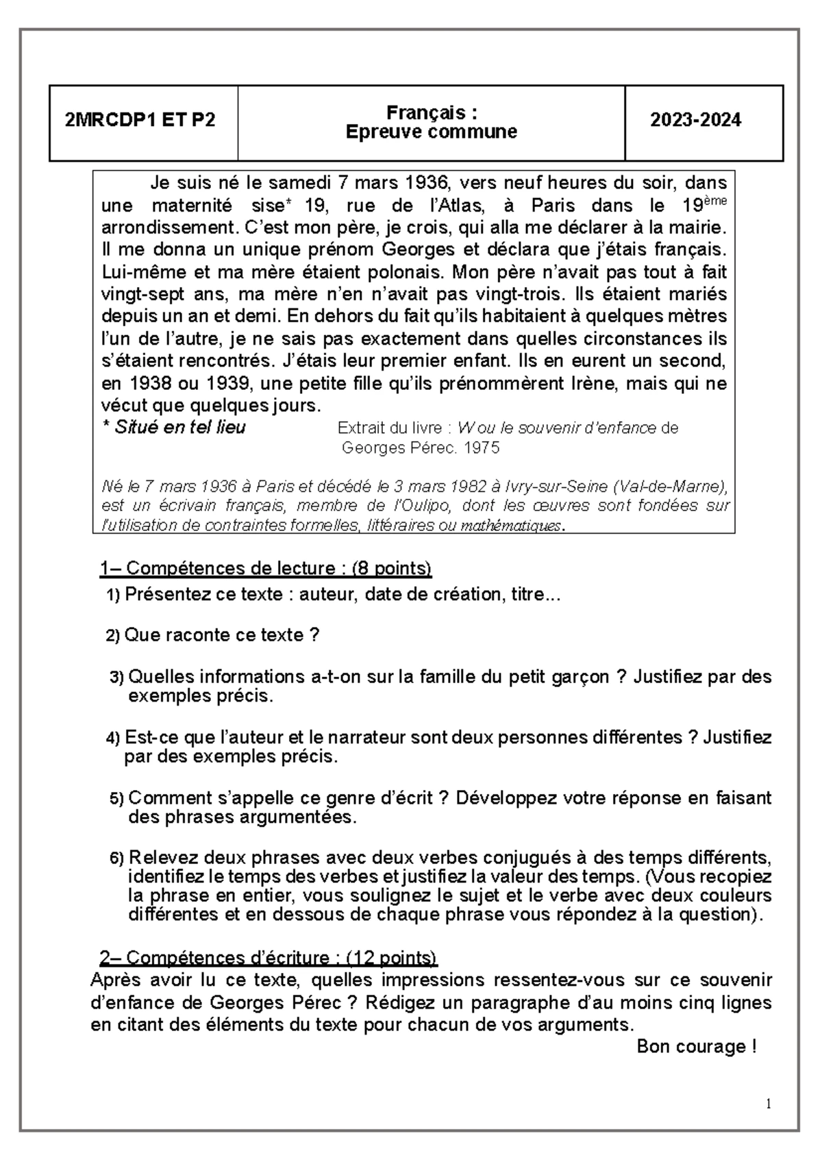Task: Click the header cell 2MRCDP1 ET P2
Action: pyautogui.click(x=140, y=121)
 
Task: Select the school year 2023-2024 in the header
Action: pyautogui.click(x=695, y=121)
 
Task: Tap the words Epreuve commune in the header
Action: pyautogui.click(x=431, y=132)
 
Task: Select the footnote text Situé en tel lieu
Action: pyautogui.click(x=179, y=428)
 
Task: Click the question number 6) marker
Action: pyautogui.click(x=117, y=858)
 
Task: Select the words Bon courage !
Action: pyautogui.click(x=696, y=1047)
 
